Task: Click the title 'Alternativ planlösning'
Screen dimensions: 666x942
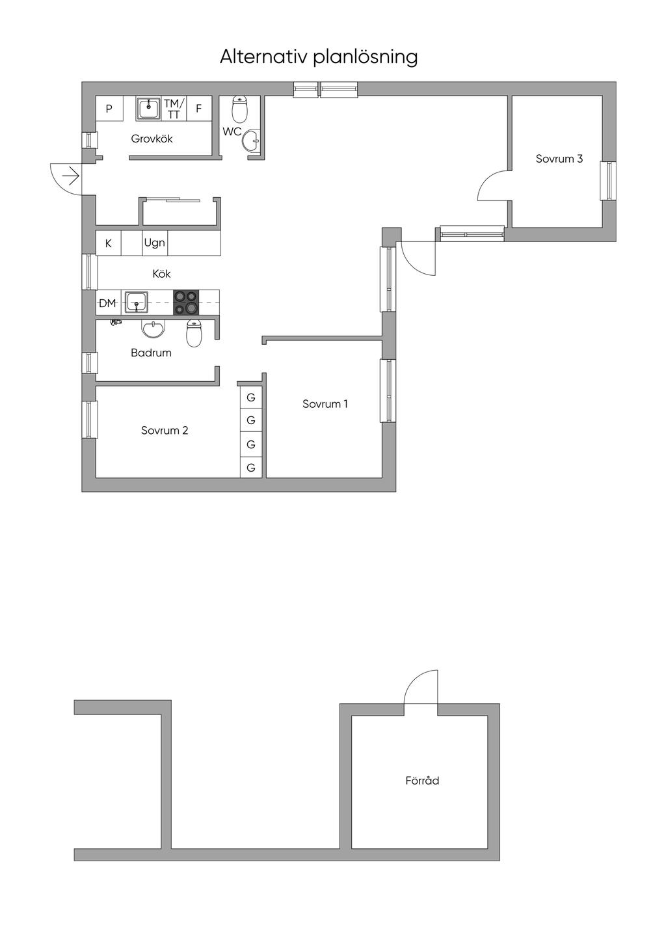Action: [x=319, y=57]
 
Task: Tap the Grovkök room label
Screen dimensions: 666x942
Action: [x=152, y=139]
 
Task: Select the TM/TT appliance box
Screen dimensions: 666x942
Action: [x=174, y=109]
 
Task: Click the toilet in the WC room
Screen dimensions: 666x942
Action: [x=239, y=109]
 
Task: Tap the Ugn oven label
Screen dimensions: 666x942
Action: [x=154, y=243]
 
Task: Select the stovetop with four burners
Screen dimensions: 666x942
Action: [x=186, y=302]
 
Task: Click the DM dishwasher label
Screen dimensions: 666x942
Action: [x=107, y=303]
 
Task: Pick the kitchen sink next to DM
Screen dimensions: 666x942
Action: [x=136, y=302]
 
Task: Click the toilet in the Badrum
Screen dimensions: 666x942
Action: [x=194, y=332]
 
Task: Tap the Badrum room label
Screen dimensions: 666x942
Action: [x=151, y=353]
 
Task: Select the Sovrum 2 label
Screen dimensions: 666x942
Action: [x=165, y=430]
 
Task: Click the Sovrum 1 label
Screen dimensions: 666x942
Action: [x=325, y=404]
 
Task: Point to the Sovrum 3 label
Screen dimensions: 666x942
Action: [x=559, y=159]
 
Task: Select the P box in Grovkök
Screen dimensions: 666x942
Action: [x=109, y=109]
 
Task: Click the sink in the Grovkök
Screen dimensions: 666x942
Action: [x=148, y=109]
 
